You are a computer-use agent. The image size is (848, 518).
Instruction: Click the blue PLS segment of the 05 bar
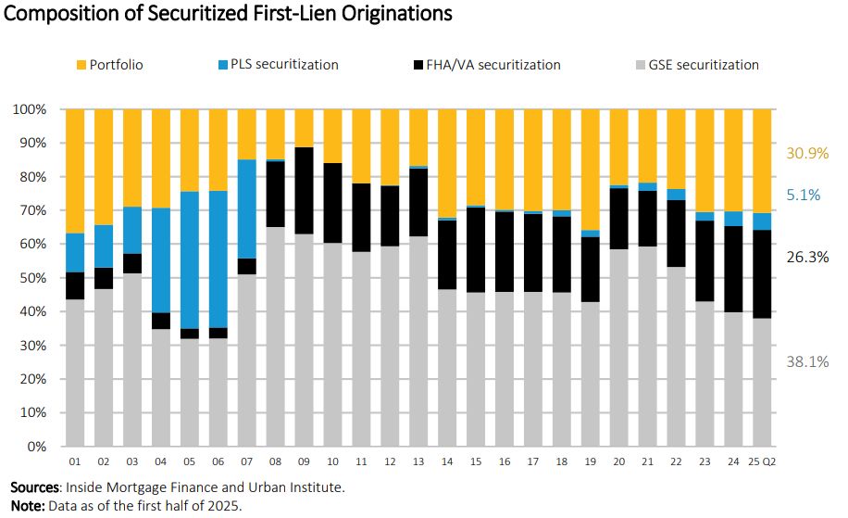[189, 260]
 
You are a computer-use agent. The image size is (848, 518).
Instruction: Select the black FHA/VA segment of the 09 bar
[304, 191]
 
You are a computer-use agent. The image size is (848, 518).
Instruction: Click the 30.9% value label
[806, 154]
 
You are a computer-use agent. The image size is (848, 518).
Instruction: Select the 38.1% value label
[806, 361]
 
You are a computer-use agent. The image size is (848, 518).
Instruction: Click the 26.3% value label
[806, 258]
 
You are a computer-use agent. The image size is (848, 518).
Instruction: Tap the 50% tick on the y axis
[32, 278]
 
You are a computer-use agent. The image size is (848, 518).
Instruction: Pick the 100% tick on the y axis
[30, 109]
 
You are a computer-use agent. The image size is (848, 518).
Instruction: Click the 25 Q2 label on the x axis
[763, 461]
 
